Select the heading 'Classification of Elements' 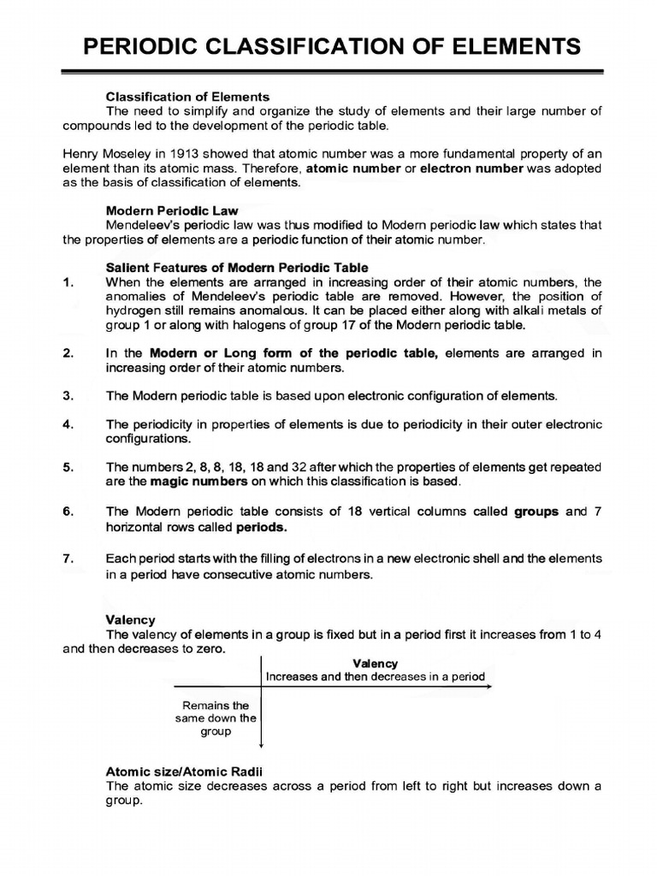[x=187, y=96]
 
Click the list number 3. [x=69, y=396]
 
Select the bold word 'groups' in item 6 [x=536, y=512]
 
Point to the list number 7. [x=69, y=558]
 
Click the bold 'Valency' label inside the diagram [x=375, y=663]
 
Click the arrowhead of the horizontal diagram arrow [x=490, y=687]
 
